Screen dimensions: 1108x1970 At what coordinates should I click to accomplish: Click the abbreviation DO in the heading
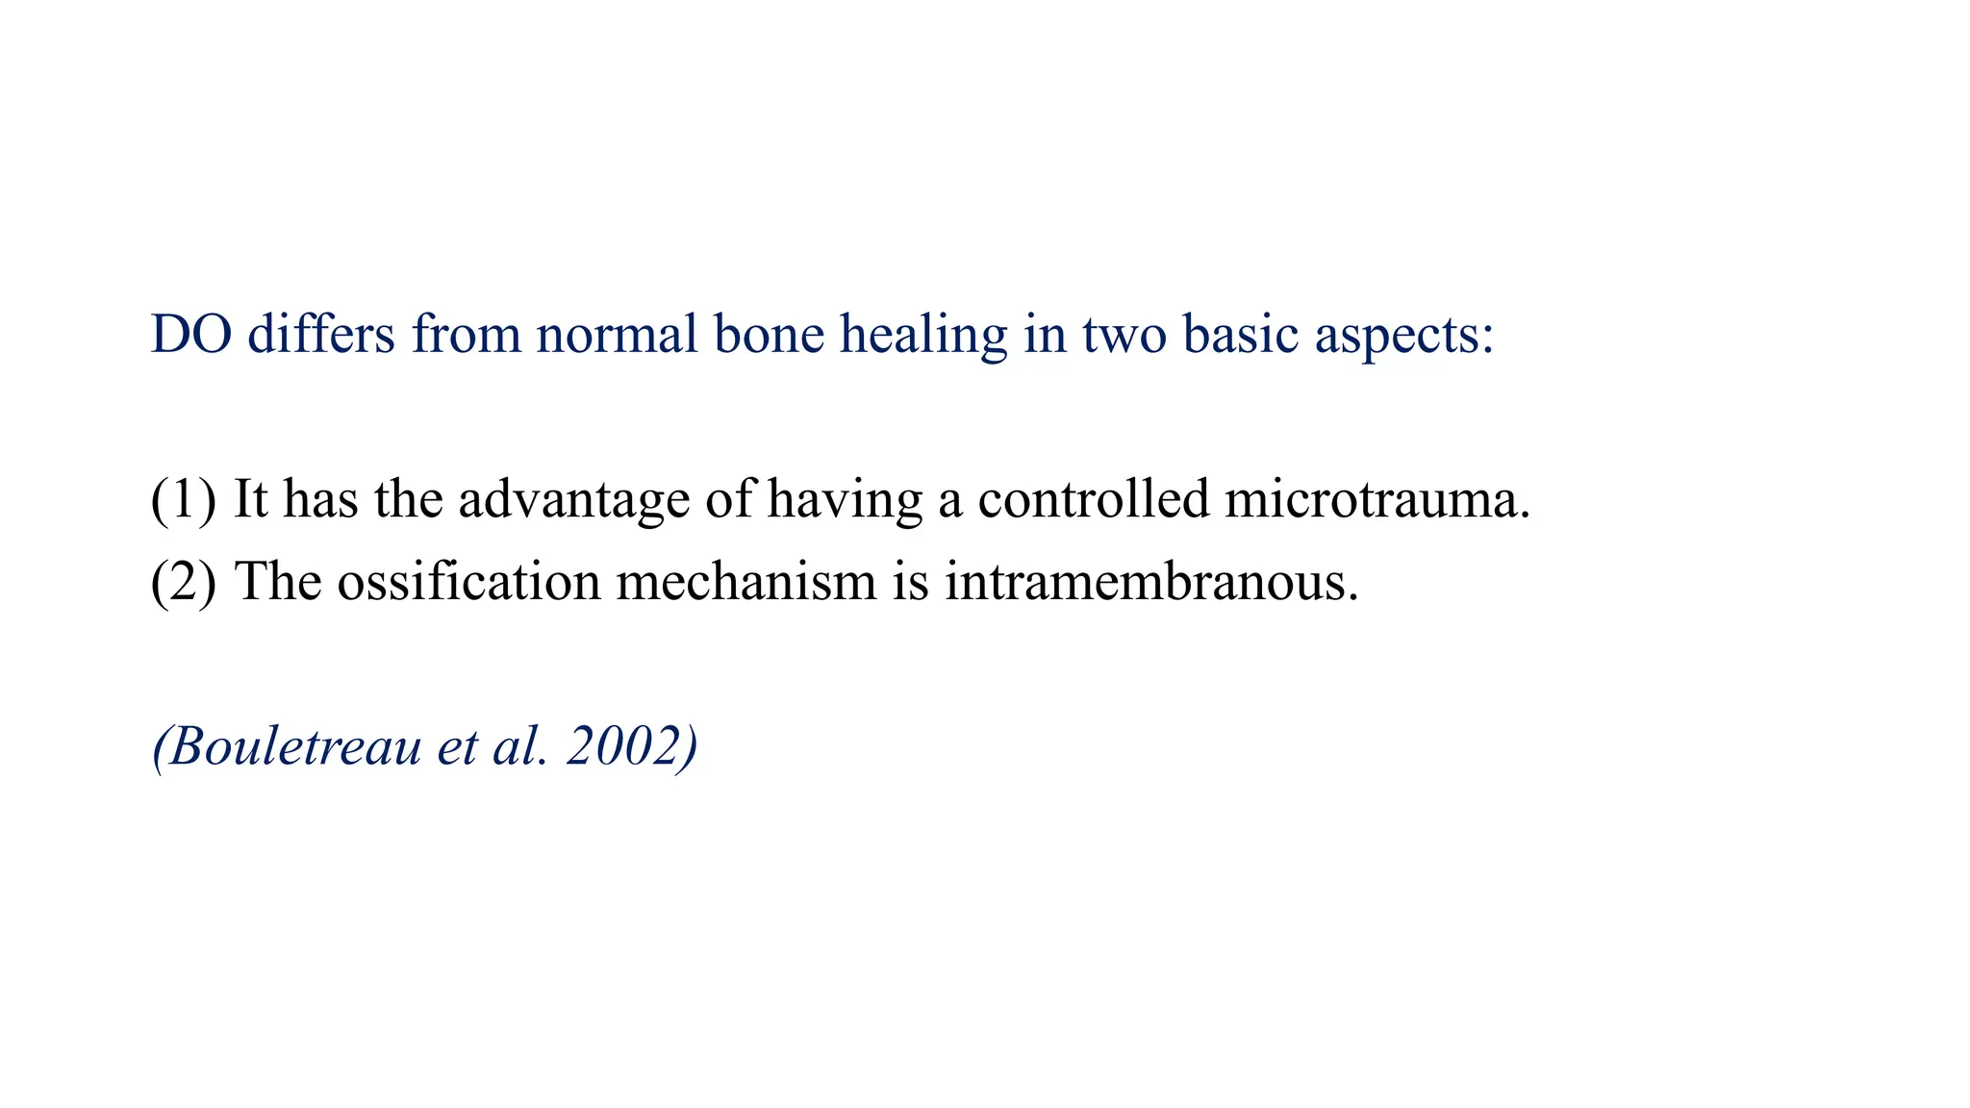tap(191, 335)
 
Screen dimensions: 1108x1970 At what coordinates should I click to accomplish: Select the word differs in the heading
tap(321, 335)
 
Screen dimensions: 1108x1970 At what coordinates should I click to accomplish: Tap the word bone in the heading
tap(769, 335)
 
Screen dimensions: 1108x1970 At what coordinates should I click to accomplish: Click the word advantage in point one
tap(574, 501)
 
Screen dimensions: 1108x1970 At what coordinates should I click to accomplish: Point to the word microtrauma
tap(1376, 499)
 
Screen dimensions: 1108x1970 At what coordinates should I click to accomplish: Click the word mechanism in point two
tap(746, 582)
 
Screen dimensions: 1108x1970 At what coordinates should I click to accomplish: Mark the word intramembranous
tap(1150, 582)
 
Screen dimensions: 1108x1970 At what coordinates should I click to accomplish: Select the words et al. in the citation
tap(492, 746)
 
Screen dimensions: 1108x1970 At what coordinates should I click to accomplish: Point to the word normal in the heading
tap(617, 335)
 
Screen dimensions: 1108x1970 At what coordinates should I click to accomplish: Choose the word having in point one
tap(845, 501)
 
